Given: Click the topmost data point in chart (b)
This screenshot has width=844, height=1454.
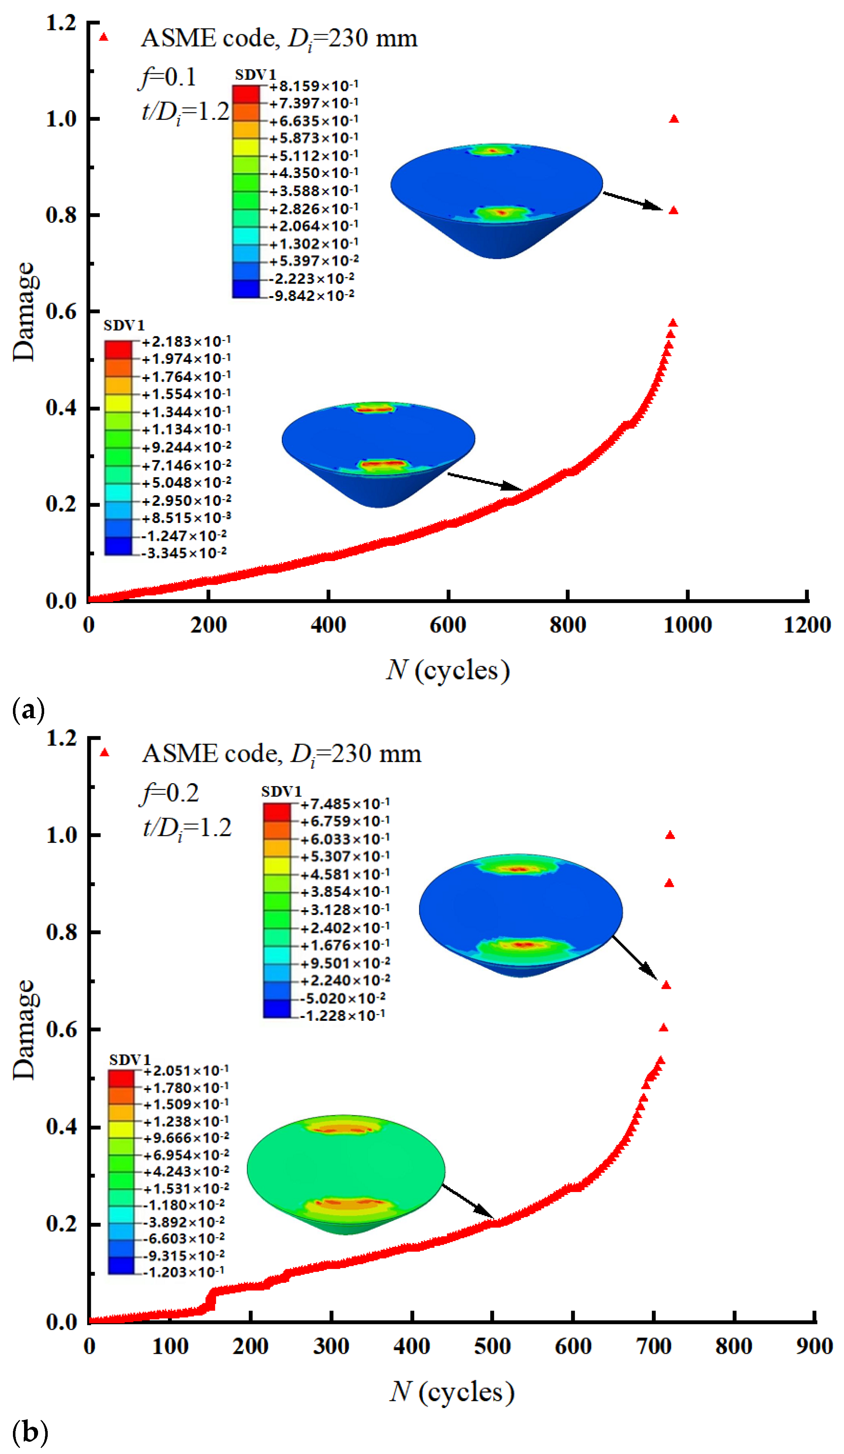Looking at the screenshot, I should point(670,835).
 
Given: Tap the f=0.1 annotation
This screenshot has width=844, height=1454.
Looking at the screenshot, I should point(167,77).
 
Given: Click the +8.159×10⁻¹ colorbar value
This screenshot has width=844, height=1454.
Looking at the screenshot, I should point(313,86).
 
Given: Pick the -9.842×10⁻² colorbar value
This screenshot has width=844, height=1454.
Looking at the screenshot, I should point(312,295).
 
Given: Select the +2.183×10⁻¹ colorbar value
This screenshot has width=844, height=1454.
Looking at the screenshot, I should point(186,341).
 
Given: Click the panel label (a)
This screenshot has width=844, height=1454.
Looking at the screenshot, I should point(28,710).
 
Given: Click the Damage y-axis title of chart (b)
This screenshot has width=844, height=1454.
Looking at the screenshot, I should point(24,1029).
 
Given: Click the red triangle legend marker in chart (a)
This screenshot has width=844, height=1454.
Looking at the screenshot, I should point(104,37).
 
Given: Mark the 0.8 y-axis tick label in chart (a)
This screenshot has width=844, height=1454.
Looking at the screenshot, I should point(61,215).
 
